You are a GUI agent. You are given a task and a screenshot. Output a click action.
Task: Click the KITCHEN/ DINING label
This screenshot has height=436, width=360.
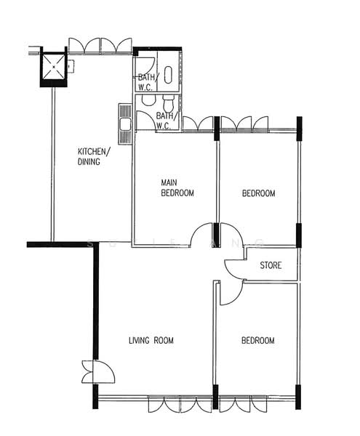point(94,157)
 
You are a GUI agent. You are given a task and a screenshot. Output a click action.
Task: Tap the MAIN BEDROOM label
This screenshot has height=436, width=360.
point(177,187)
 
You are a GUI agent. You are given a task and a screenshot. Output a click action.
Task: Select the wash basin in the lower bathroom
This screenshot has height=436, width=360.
point(147,100)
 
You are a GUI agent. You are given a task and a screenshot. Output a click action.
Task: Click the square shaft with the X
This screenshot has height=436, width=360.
point(54,68)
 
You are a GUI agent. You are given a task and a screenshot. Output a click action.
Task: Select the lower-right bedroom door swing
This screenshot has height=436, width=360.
point(229,293)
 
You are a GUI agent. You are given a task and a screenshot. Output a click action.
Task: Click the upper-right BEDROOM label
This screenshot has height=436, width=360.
point(258,193)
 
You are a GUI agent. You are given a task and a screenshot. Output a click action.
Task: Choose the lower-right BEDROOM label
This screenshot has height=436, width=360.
point(258,341)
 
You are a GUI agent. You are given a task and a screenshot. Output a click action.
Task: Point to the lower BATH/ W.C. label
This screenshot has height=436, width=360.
point(165,120)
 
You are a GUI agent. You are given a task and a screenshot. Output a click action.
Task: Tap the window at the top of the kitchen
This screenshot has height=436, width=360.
point(100,46)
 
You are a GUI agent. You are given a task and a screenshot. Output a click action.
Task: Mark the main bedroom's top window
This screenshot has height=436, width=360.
point(197,124)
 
